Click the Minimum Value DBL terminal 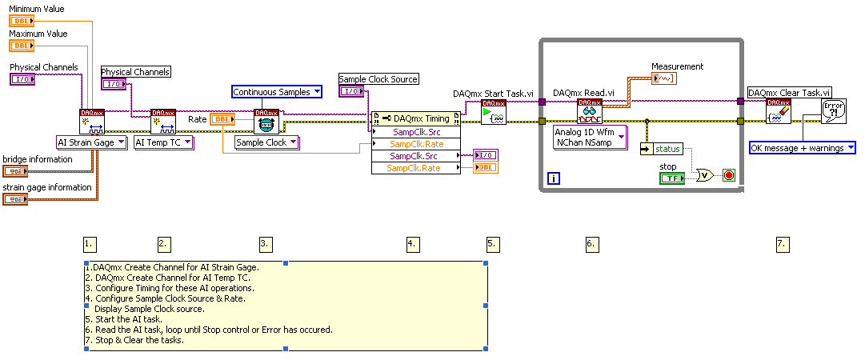pos(21,21)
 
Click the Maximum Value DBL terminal pos(21,46)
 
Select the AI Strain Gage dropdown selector pos(92,142)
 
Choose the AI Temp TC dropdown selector pos(163,142)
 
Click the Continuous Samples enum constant pos(277,92)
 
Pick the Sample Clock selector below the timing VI pos(266,142)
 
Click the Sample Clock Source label pos(378,79)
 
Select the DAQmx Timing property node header pos(416,118)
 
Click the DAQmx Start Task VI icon pos(493,112)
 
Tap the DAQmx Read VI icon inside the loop pos(590,112)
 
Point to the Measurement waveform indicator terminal pos(664,78)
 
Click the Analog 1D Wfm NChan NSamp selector pos(590,138)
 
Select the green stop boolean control pos(671,178)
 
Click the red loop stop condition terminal pos(728,174)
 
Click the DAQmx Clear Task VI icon pos(778,112)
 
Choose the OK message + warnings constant pos(802,147)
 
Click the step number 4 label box pos(412,243)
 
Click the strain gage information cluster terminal pos(15,199)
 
